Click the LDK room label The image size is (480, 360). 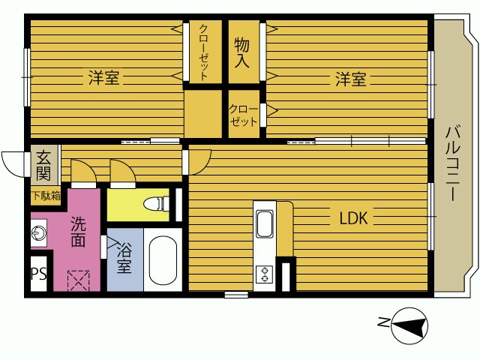tap(353, 218)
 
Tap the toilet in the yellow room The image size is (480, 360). tap(156, 203)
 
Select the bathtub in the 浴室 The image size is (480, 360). tap(163, 260)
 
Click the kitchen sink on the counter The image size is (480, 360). tap(265, 224)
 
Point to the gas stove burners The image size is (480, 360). tap(265, 274)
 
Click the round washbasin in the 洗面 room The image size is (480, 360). tap(38, 232)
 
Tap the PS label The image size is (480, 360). tap(39, 273)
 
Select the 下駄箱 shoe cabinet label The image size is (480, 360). tap(46, 196)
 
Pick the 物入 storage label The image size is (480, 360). tap(241, 52)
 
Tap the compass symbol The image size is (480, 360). tap(409, 325)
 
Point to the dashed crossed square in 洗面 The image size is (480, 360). tap(79, 280)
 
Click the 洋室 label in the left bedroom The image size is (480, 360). tap(103, 78)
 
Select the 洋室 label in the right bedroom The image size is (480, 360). tap(351, 79)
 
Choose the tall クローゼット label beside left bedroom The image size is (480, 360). tap(203, 52)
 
